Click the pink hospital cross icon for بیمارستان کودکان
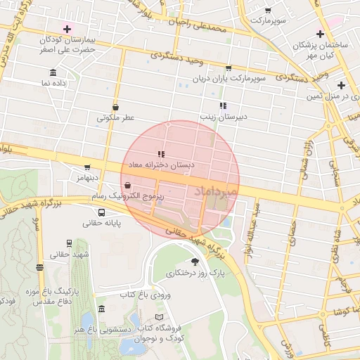(67, 29)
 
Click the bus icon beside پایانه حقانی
(102, 212)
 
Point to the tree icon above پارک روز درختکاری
(195, 261)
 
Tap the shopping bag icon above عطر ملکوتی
(115, 107)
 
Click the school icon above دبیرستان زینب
(223, 106)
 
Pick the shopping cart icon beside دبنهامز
(87, 167)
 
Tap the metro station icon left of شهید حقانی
(39, 266)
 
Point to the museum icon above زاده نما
(54, 72)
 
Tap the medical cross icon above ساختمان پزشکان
(320, 34)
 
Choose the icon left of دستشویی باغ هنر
(102, 309)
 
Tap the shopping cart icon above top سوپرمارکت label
(268, 11)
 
